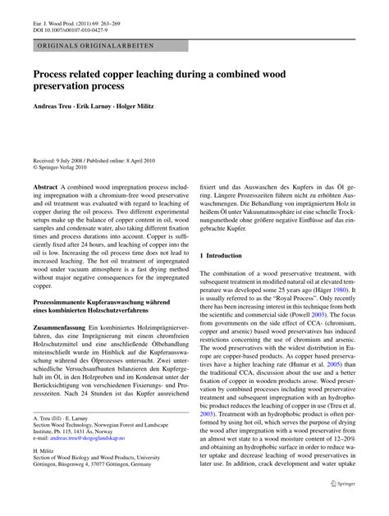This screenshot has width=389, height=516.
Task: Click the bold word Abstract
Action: coord(45,188)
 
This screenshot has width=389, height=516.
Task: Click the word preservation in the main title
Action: coord(65,84)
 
